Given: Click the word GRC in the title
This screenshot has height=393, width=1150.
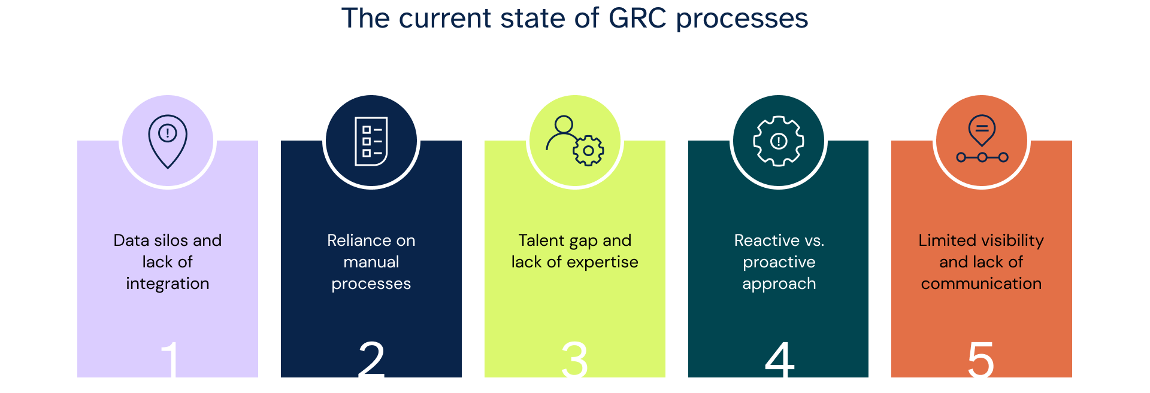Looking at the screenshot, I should [637, 19].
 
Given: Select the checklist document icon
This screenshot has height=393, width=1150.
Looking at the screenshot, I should [371, 141].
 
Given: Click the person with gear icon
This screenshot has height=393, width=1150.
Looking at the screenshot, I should [575, 141].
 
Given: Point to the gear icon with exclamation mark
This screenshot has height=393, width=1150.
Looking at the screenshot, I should [779, 141].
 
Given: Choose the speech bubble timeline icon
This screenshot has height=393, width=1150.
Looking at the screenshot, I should [982, 140].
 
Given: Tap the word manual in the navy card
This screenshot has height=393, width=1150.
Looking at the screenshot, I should [371, 262].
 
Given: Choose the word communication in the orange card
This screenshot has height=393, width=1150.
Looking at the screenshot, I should [981, 284].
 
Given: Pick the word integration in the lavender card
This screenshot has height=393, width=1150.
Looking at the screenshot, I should [168, 284].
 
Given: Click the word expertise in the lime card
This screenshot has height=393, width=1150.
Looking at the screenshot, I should [603, 262].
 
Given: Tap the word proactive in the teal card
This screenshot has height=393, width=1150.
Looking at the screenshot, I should [779, 262].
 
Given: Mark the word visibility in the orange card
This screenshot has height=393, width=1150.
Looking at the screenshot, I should [1012, 240].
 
